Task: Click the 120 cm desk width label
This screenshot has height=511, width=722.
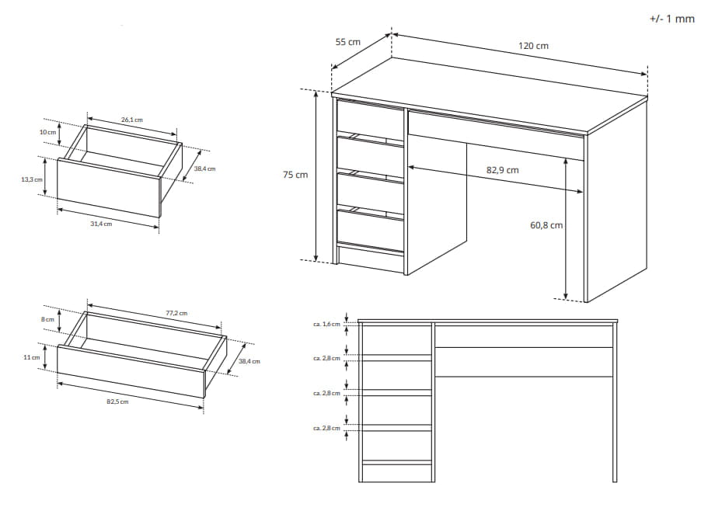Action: pyautogui.click(x=533, y=46)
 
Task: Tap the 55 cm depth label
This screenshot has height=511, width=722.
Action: pyautogui.click(x=347, y=42)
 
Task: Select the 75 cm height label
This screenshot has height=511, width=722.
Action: pyautogui.click(x=295, y=175)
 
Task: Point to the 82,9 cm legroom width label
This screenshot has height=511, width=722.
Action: pyautogui.click(x=502, y=170)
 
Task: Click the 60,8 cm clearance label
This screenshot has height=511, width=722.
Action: pyautogui.click(x=546, y=225)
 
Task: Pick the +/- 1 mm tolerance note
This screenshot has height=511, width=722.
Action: pyautogui.click(x=671, y=19)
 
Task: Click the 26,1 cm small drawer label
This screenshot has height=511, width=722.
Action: pyautogui.click(x=131, y=120)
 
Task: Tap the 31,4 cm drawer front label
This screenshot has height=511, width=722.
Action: pyautogui.click(x=101, y=224)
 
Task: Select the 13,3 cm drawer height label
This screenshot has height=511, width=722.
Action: pyautogui.click(x=32, y=179)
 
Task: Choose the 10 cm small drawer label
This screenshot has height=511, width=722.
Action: pyautogui.click(x=47, y=132)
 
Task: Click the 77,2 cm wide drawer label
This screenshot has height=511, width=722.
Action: pyautogui.click(x=176, y=313)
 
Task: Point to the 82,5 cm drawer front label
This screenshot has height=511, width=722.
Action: pyautogui.click(x=117, y=401)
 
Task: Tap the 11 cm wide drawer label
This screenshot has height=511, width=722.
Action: pyautogui.click(x=32, y=357)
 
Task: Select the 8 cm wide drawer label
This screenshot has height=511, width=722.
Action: pyautogui.click(x=47, y=319)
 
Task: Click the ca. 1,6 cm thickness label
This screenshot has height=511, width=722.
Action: pyautogui.click(x=326, y=325)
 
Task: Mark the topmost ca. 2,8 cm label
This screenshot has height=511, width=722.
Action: pyautogui.click(x=326, y=358)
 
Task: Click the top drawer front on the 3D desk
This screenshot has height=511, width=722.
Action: pyautogui.click(x=370, y=118)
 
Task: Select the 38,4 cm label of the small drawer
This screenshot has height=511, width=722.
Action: pyautogui.click(x=204, y=169)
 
